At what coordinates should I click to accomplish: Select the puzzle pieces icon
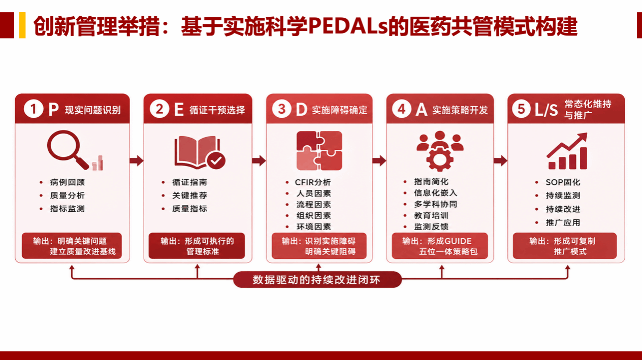pyautogui.click(x=319, y=151)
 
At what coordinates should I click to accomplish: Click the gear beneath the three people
pyautogui.click(x=440, y=159)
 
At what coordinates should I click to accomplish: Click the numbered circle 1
pyautogui.click(x=34, y=109)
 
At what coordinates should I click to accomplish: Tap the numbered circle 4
pyautogui.click(x=402, y=109)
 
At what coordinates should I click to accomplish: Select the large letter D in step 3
pyautogui.click(x=301, y=110)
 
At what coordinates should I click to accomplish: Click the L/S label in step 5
pyautogui.click(x=547, y=110)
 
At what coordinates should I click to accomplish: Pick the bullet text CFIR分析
pyautogui.click(x=313, y=182)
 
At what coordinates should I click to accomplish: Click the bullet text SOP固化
pyautogui.click(x=563, y=182)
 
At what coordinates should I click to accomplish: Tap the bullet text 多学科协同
pyautogui.click(x=435, y=204)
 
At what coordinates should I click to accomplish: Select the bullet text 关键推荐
pyautogui.click(x=189, y=195)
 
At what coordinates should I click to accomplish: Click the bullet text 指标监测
pyautogui.click(x=68, y=209)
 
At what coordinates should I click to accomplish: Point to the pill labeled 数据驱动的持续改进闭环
pyautogui.click(x=317, y=279)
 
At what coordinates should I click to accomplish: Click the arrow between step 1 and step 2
pyautogui.click(x=137, y=160)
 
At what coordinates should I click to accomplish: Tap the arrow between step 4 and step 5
pyautogui.click(x=500, y=160)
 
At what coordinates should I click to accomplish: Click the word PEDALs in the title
pyautogui.click(x=347, y=26)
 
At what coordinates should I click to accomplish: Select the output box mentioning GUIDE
pyautogui.click(x=440, y=246)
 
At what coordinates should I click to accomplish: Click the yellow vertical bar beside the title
pyautogui.click(x=22, y=25)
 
